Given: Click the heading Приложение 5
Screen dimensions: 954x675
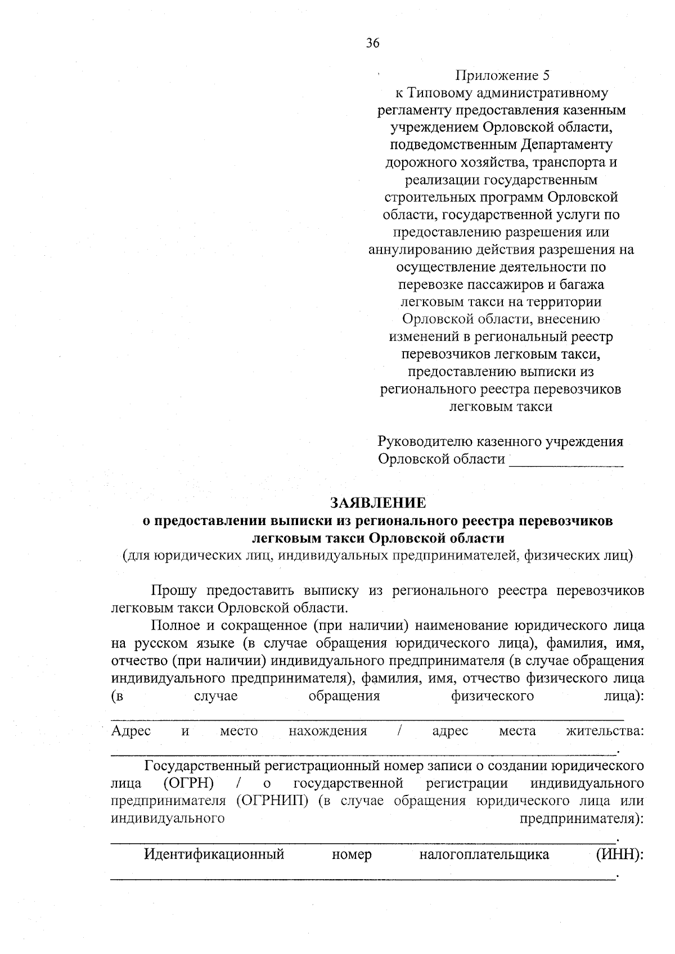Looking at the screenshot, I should pyautogui.click(x=501, y=75).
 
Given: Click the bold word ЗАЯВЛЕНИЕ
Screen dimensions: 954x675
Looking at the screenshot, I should pyautogui.click(x=377, y=502).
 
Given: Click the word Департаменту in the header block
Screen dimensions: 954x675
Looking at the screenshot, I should pyautogui.click(x=566, y=145).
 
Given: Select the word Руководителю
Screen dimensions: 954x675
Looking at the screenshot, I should pyautogui.click(x=425, y=442).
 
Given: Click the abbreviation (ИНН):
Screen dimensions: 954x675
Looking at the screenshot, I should pyautogui.click(x=619, y=855).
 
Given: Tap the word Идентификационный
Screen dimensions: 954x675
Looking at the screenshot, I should pyautogui.click(x=214, y=855).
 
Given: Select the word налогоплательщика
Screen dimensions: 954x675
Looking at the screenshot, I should pyautogui.click(x=484, y=855).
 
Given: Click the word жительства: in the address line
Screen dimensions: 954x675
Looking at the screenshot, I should pyautogui.click(x=605, y=731).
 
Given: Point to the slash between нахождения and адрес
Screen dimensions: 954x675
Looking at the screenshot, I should pyautogui.click(x=399, y=731).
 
